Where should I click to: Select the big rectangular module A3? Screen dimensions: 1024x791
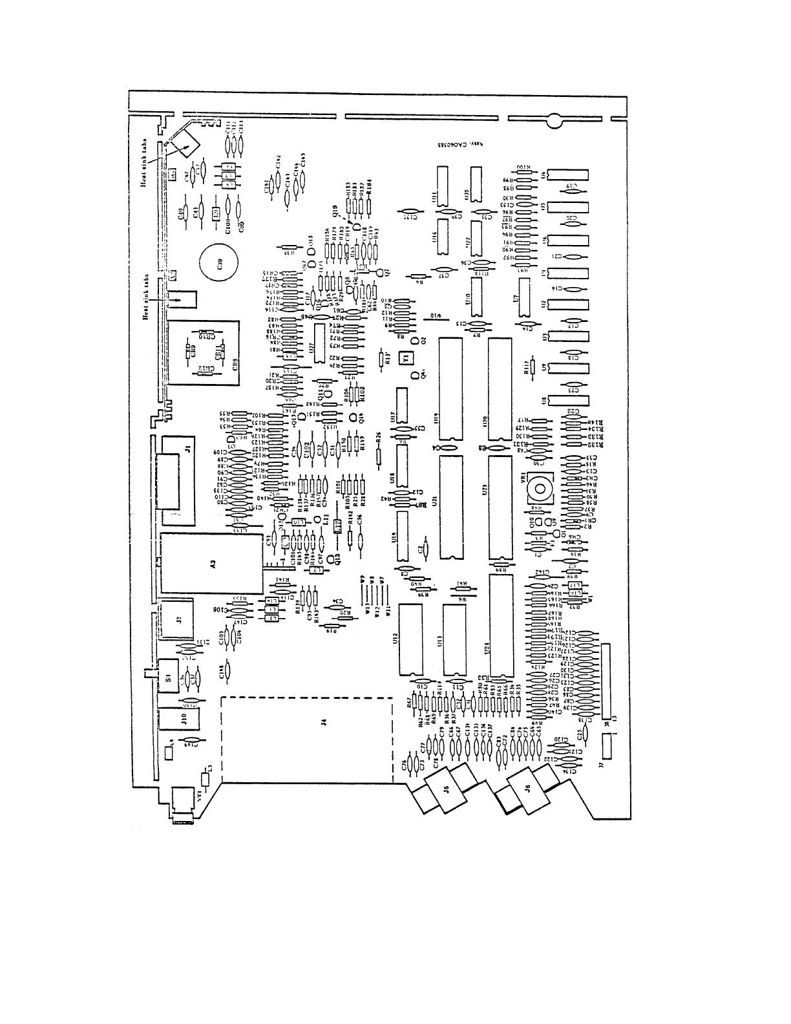click(212, 564)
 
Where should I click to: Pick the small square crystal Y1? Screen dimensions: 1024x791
click(406, 357)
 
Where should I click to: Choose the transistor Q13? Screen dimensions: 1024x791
click(330, 557)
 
